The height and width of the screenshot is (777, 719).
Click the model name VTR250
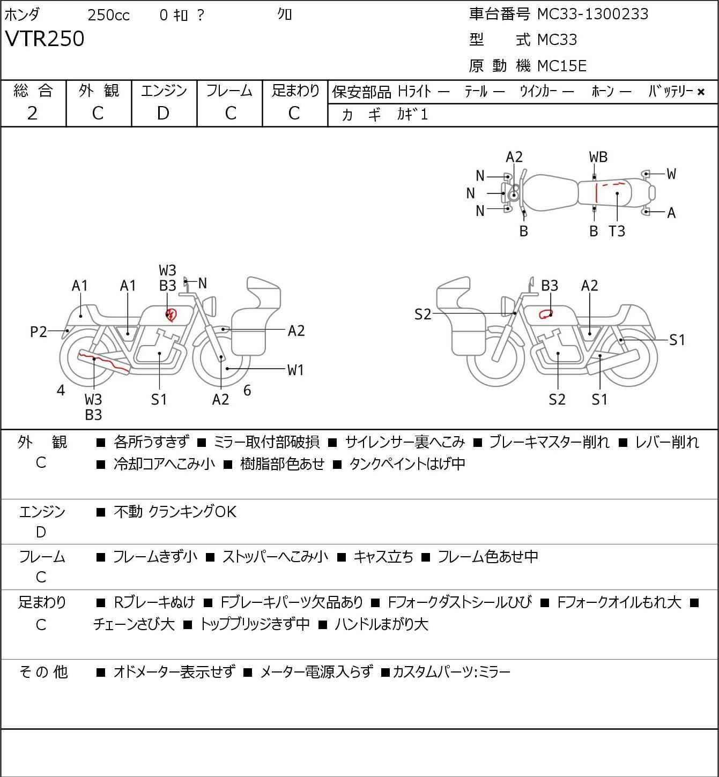click(45, 39)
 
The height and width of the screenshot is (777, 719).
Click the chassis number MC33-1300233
click(593, 14)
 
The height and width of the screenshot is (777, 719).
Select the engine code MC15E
click(562, 66)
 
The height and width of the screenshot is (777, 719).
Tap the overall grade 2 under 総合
click(33, 114)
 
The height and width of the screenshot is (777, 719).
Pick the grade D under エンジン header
click(164, 114)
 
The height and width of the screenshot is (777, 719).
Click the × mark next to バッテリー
click(701, 92)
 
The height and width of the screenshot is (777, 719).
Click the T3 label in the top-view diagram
click(617, 231)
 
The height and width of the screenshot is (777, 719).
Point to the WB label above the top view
click(598, 158)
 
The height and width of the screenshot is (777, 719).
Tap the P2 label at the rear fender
click(39, 332)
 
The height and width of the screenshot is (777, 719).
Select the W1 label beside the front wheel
click(295, 370)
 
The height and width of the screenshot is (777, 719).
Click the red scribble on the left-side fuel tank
click(171, 314)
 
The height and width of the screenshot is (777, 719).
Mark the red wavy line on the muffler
click(104, 362)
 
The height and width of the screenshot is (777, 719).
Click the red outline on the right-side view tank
click(545, 314)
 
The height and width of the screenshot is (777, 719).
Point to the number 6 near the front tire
click(247, 390)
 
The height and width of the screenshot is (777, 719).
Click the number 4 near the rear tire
click(61, 390)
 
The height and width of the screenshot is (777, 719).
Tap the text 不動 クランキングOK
click(175, 512)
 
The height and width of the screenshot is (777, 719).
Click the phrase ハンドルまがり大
click(381, 624)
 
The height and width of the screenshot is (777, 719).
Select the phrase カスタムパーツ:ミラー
click(451, 672)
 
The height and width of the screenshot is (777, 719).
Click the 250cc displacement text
click(108, 15)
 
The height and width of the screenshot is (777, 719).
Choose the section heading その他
click(43, 672)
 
